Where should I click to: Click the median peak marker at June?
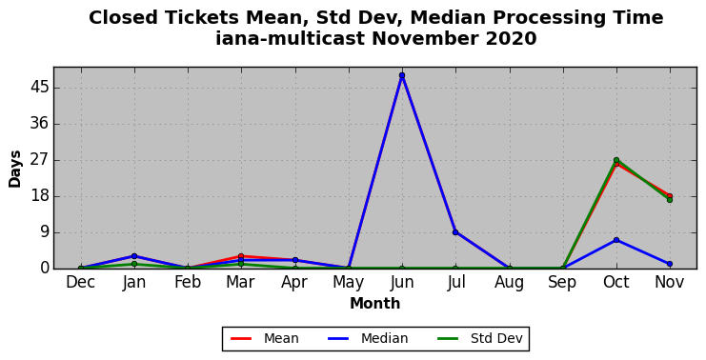tap(402, 75)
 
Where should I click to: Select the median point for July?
tap(455, 232)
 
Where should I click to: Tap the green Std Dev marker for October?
tap(615, 160)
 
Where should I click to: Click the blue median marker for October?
tap(615, 240)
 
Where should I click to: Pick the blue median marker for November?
tap(670, 264)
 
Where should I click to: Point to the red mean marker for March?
tap(241, 256)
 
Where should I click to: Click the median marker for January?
tap(133, 256)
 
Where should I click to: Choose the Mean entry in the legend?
tap(265, 338)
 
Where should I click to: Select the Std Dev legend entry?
tap(480, 338)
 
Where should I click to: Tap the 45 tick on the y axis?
tap(39, 88)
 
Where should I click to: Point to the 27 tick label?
tap(39, 160)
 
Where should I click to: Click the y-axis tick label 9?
tap(44, 232)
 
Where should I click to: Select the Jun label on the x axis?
tap(402, 282)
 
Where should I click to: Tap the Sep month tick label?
tap(562, 283)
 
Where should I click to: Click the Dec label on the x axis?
tap(81, 282)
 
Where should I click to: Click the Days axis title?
tap(15, 169)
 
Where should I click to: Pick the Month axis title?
tap(375, 303)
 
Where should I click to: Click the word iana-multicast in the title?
tap(290, 38)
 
